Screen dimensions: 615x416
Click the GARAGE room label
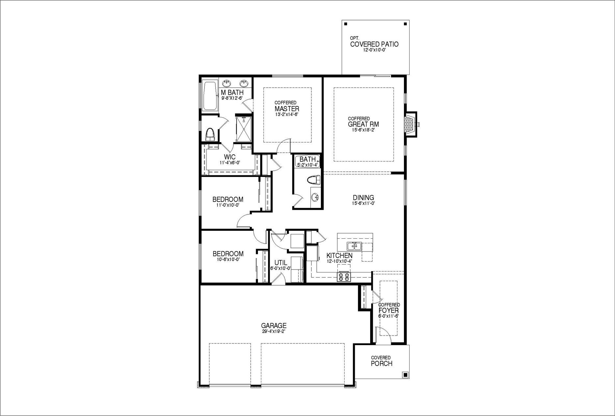click(274, 326)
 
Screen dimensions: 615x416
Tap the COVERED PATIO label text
click(374, 44)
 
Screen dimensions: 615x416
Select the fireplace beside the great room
click(411, 124)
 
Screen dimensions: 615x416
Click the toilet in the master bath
click(210, 134)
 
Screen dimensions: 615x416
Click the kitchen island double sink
click(354, 246)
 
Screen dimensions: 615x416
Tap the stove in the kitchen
click(344, 277)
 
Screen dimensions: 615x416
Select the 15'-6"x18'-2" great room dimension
click(363, 130)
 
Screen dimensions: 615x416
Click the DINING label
click(363, 198)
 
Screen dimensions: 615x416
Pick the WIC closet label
click(230, 157)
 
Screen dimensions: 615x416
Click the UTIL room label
click(281, 263)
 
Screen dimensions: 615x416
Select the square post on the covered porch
click(405, 375)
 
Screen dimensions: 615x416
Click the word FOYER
click(389, 310)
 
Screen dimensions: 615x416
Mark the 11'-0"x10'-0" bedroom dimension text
click(228, 205)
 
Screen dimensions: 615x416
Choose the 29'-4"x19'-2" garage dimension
click(274, 331)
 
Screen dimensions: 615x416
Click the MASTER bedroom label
click(287, 109)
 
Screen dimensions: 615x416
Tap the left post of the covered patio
click(346, 24)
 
